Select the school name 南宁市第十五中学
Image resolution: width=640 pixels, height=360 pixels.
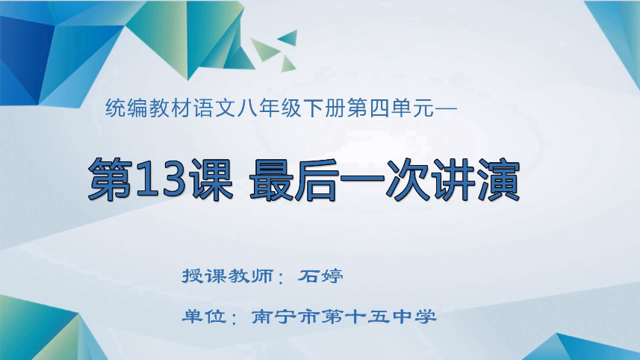(x=344, y=316)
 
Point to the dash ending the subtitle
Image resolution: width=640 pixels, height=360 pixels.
(x=444, y=110)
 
